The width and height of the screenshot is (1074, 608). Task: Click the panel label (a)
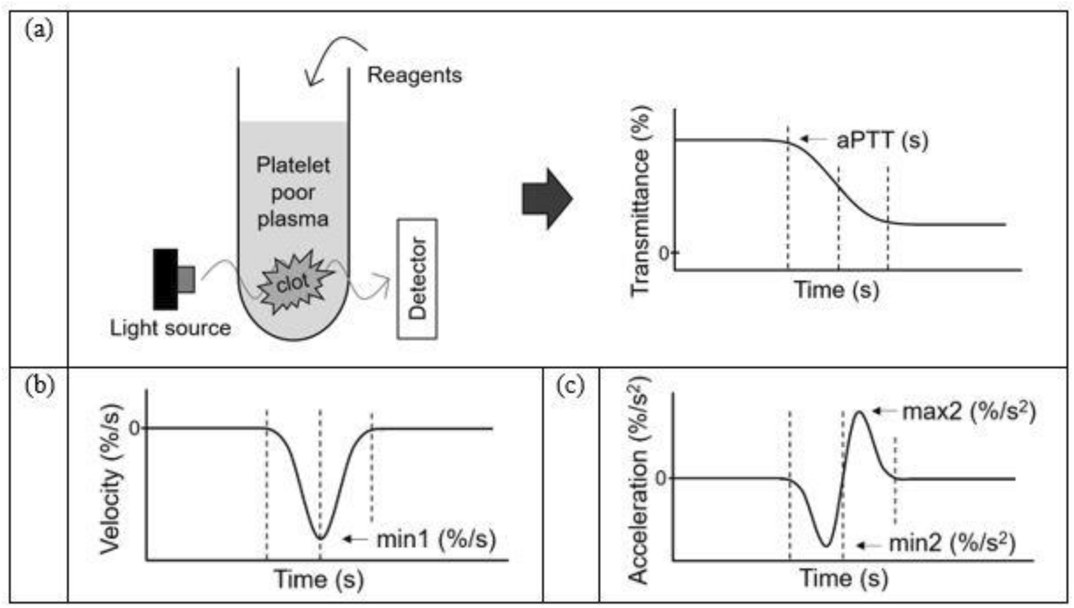click(x=39, y=29)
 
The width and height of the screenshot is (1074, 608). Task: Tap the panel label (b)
click(x=39, y=386)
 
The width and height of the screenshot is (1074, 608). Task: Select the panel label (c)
click(x=570, y=386)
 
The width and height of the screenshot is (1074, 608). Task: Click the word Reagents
click(x=414, y=75)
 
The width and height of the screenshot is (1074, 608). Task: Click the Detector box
click(x=417, y=279)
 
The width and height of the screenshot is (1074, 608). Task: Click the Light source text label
click(x=171, y=328)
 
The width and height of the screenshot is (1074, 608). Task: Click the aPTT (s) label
click(x=882, y=140)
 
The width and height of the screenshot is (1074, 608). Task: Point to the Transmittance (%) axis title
click(x=640, y=200)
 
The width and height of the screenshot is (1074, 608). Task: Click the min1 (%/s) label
click(x=436, y=538)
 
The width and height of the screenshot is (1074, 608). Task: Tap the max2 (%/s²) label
click(x=968, y=411)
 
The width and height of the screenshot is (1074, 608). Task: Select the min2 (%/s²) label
click(x=951, y=543)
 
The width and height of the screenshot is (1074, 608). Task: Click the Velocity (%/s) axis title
click(x=111, y=479)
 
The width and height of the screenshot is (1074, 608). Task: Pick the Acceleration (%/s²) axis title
click(x=639, y=479)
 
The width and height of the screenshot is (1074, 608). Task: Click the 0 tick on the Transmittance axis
click(x=664, y=253)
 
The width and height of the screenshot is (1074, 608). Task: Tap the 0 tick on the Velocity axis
click(x=135, y=428)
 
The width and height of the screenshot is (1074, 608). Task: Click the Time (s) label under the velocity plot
click(x=319, y=579)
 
